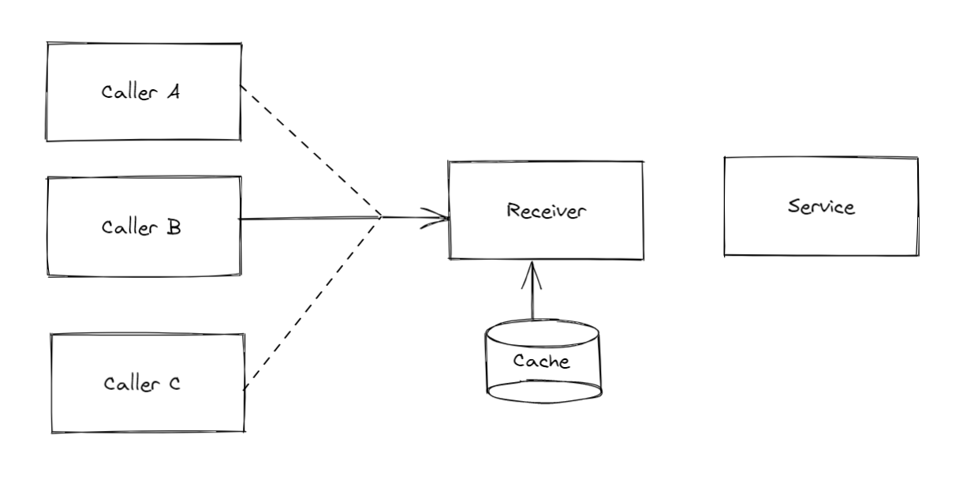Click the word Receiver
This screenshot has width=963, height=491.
pyautogui.click(x=547, y=211)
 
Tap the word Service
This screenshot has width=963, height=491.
pyautogui.click(x=821, y=207)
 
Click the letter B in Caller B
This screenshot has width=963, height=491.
pyautogui.click(x=174, y=227)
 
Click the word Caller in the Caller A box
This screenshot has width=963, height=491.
pyautogui.click(x=129, y=92)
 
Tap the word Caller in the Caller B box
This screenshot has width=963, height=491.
pyautogui.click(x=129, y=227)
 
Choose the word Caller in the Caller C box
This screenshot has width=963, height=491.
pyautogui.click(x=131, y=384)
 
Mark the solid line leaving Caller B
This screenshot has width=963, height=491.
pyautogui.click(x=308, y=218)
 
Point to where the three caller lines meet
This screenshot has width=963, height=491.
pyautogui.click(x=382, y=216)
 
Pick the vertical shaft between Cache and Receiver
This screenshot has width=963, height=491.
pyautogui.click(x=533, y=300)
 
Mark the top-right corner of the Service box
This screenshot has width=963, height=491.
pyautogui.click(x=917, y=158)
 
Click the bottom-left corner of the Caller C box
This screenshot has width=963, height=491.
pyautogui.click(x=52, y=432)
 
